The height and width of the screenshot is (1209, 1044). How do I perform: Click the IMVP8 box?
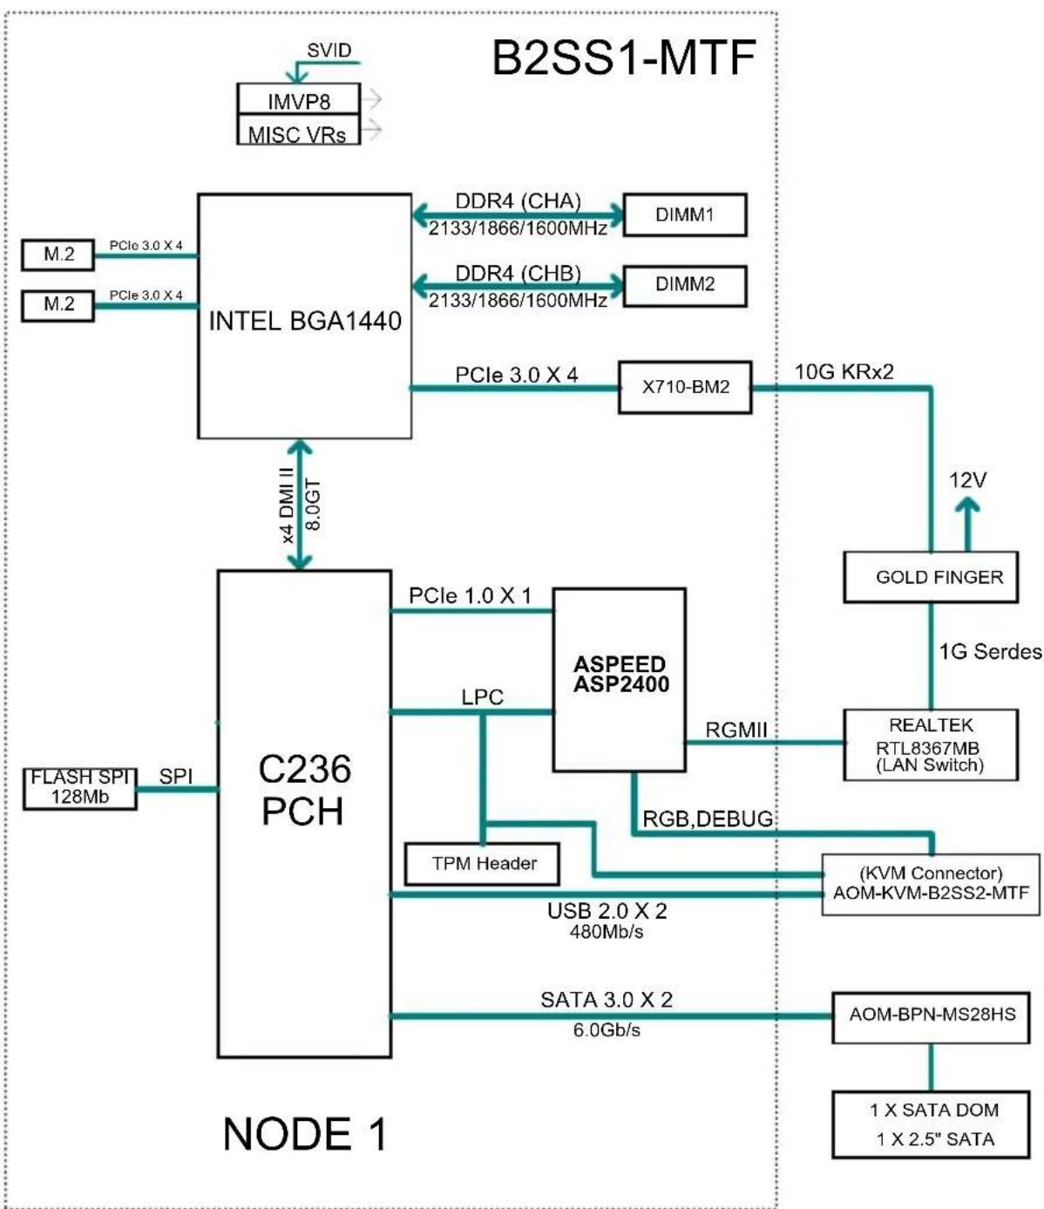(298, 98)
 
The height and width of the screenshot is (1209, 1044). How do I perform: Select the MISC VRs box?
(298, 130)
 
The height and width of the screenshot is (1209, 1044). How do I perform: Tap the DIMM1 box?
(685, 214)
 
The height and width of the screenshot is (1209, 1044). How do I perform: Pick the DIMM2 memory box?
(685, 286)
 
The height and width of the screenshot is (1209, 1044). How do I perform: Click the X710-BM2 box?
(685, 387)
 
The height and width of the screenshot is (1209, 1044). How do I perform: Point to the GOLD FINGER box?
(931, 577)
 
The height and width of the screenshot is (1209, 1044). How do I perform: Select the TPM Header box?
(482, 863)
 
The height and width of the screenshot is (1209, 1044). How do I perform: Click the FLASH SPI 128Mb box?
(79, 789)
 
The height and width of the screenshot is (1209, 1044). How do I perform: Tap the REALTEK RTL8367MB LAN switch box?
(931, 744)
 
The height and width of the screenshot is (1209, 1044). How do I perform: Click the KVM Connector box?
(931, 885)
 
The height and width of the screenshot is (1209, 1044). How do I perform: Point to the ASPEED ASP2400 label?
(620, 674)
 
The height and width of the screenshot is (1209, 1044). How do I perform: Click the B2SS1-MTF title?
(624, 58)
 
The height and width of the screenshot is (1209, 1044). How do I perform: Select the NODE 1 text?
(305, 1134)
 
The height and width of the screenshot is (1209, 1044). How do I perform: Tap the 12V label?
(967, 480)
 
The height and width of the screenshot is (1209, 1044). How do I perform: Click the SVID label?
(329, 51)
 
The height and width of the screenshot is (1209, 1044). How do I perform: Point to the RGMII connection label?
(736, 730)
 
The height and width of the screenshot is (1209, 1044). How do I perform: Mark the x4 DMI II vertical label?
(288, 505)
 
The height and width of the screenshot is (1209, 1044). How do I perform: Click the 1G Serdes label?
(990, 652)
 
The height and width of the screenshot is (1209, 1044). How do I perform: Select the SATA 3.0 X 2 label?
(607, 1000)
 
